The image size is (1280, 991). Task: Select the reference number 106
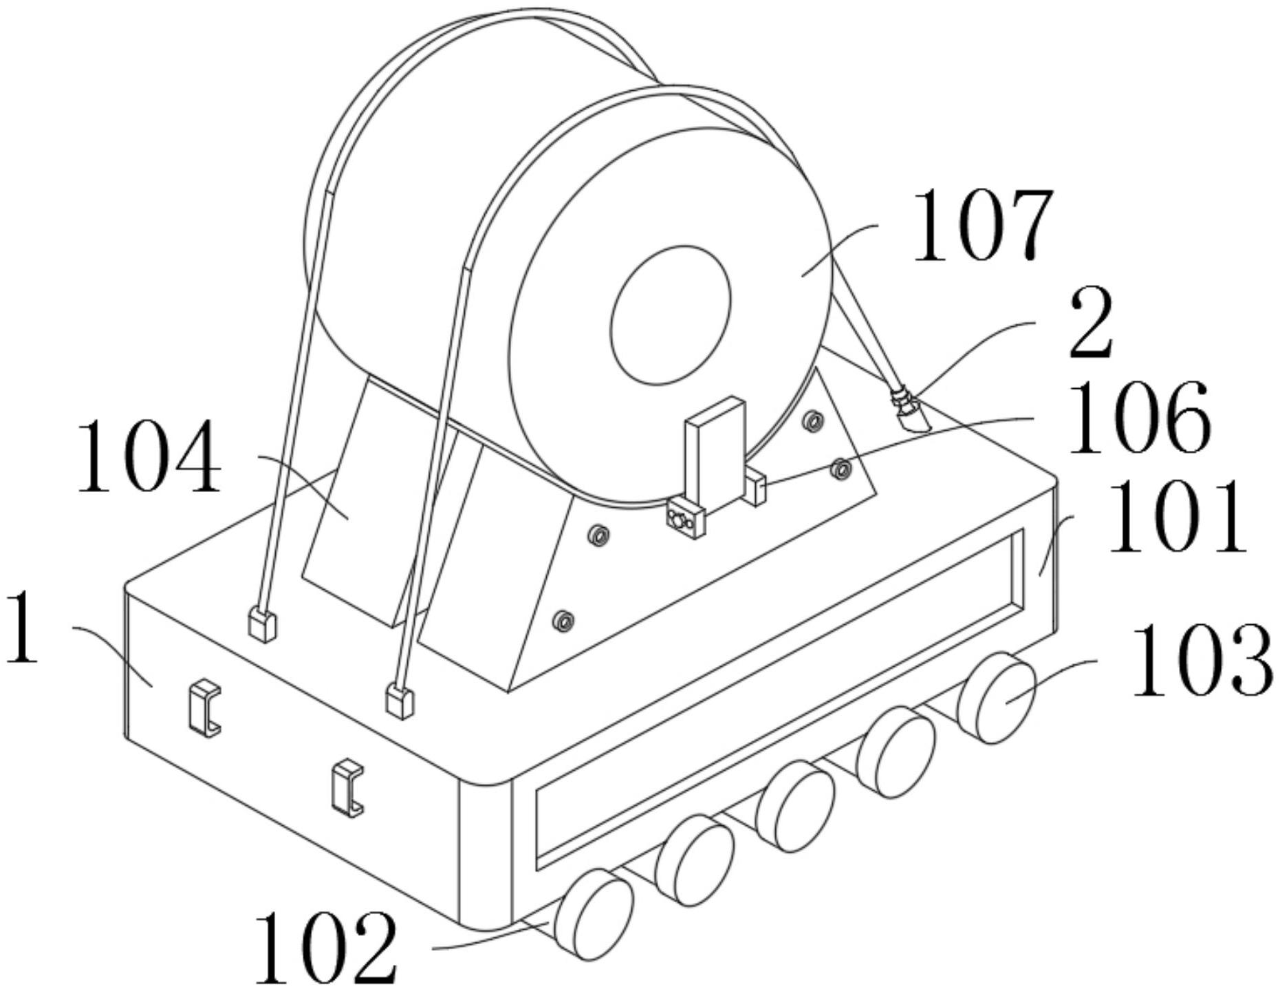(1138, 417)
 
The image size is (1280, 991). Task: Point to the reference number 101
(1176, 518)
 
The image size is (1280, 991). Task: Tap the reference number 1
(22, 627)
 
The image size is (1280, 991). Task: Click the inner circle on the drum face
(671, 315)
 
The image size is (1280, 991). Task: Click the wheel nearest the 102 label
(594, 914)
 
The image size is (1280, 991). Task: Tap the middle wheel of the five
(795, 806)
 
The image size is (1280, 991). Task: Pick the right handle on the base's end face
(347, 787)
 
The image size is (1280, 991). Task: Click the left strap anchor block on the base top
(261, 625)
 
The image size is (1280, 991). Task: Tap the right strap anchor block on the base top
(400, 701)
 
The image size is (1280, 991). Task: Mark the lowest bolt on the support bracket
(563, 621)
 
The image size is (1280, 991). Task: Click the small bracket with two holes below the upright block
(686, 518)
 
